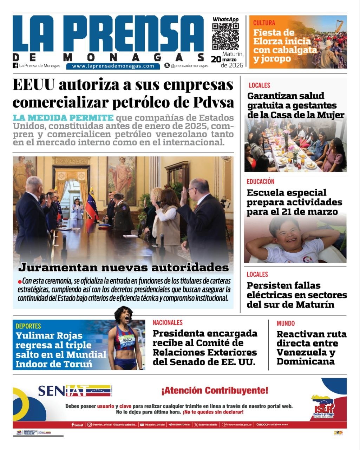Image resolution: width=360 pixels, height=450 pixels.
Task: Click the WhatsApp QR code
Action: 225,37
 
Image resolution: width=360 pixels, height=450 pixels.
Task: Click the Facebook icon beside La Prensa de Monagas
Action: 15,65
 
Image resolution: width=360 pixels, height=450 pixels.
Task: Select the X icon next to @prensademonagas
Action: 167,65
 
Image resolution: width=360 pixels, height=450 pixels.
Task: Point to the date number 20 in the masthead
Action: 216,60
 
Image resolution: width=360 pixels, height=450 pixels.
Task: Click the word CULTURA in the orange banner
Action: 264,23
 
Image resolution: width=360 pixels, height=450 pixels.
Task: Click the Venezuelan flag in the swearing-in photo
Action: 92,203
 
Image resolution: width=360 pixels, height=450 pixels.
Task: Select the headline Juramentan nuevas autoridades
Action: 123,268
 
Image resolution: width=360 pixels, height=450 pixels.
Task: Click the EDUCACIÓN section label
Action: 260,182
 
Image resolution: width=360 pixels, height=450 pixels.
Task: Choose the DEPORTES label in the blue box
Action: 28,326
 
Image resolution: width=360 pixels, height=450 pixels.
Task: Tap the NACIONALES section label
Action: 168,323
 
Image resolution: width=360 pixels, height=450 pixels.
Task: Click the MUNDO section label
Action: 286,323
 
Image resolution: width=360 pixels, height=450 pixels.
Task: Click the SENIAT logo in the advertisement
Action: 74,391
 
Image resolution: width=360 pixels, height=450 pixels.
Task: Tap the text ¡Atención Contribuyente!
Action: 215,391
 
